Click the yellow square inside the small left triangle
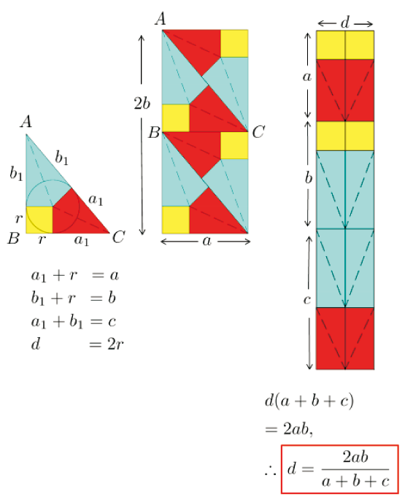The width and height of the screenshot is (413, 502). click(x=39, y=220)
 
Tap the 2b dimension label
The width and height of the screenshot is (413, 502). click(x=142, y=104)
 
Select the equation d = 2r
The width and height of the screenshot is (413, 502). click(x=77, y=344)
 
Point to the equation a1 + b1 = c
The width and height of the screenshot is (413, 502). click(x=73, y=322)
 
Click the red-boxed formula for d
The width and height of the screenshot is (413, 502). click(x=340, y=469)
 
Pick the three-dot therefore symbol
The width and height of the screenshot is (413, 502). click(x=270, y=471)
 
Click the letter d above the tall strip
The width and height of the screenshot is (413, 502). click(x=345, y=23)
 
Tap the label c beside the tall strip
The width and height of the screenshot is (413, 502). click(x=306, y=300)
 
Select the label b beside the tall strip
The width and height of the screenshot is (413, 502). click(x=308, y=177)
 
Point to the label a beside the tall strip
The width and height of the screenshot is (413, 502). click(x=306, y=77)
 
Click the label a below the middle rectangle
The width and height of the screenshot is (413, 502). click(x=206, y=242)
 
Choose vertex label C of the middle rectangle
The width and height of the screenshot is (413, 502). click(x=258, y=132)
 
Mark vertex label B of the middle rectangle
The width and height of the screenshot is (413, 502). click(x=154, y=132)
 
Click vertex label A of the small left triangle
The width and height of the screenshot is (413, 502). click(x=26, y=122)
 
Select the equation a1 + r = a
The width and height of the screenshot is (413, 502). click(x=75, y=275)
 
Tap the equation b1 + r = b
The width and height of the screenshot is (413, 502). click(x=73, y=298)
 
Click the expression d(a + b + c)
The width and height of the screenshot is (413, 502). click(x=309, y=401)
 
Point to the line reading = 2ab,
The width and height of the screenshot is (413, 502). click(x=288, y=429)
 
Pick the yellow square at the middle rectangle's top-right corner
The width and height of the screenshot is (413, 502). click(x=234, y=44)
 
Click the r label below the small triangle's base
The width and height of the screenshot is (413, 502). click(x=41, y=239)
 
